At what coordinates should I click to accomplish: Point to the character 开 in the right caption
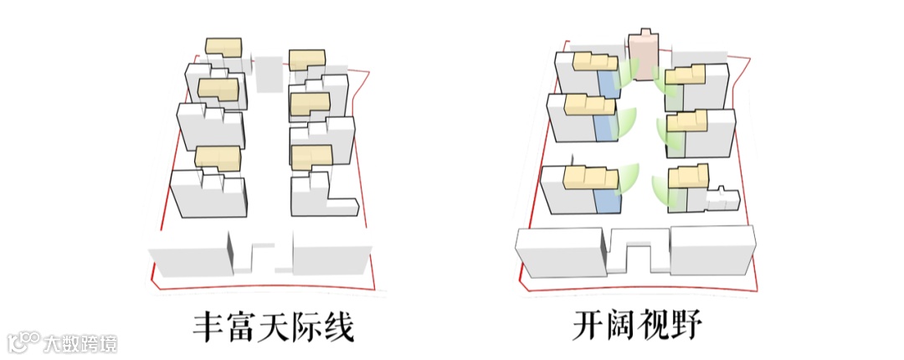point(591,327)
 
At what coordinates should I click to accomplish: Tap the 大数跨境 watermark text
point(81,342)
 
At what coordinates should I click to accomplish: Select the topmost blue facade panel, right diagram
point(608,84)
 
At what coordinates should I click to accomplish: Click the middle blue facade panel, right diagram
point(602,128)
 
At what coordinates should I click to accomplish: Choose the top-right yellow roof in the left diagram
point(307,59)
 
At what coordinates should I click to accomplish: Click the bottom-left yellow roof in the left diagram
point(218,157)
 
